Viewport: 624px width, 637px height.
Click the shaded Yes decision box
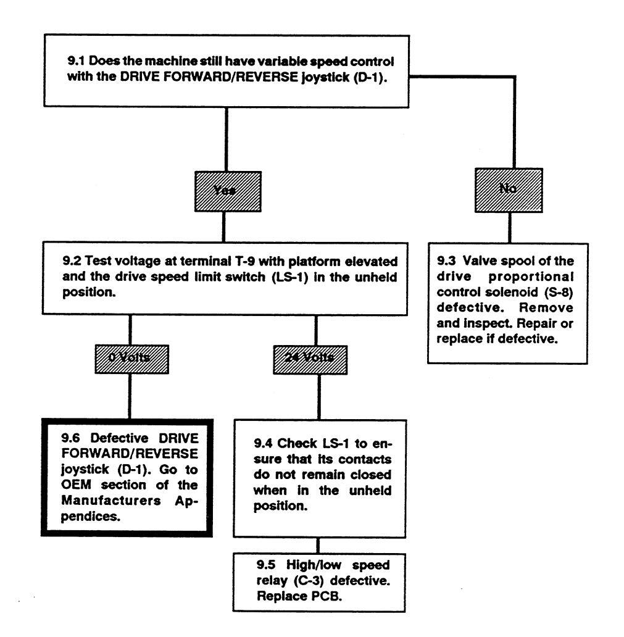coord(223,191)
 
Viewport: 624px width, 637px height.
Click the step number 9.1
coord(75,64)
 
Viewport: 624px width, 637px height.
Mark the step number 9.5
coord(265,564)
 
